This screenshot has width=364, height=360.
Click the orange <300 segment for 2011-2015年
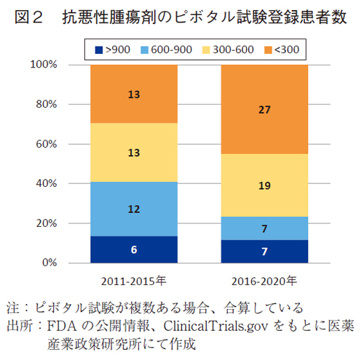(134, 94)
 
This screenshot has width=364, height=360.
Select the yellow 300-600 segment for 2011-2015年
(134, 152)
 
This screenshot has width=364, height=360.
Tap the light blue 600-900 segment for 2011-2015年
(134, 209)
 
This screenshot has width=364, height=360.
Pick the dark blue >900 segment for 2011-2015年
(134, 249)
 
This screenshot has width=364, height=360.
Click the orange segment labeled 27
(264, 109)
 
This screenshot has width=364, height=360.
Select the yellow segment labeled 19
(264, 185)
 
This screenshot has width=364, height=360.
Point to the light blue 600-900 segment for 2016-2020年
(264, 228)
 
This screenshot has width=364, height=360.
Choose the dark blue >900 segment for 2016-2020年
(264, 250)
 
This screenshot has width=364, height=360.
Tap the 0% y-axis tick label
(49, 263)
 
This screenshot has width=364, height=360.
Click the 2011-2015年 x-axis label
(133, 281)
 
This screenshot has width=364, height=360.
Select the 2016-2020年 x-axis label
(264, 281)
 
